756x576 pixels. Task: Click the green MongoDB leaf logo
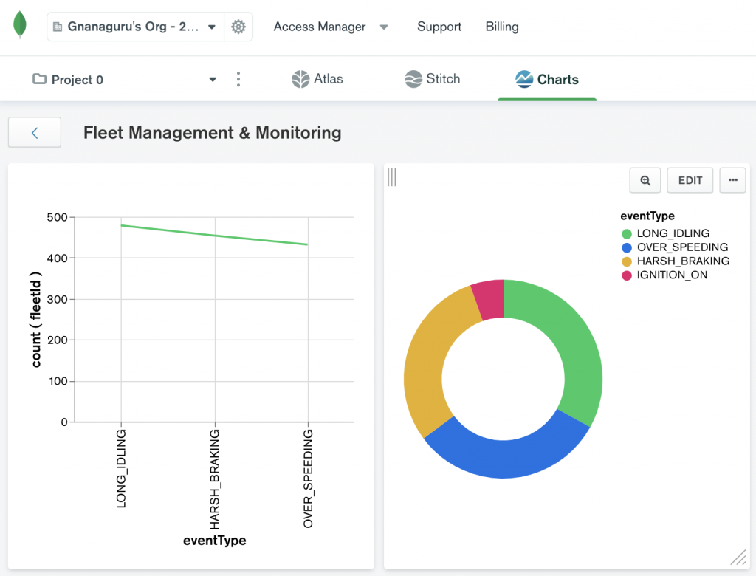click(x=21, y=25)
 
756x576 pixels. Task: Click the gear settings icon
click(x=238, y=27)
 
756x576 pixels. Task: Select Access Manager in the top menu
click(x=320, y=27)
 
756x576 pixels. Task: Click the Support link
click(x=439, y=27)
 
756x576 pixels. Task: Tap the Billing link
click(x=502, y=27)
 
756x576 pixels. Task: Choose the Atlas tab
click(x=317, y=79)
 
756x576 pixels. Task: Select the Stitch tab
click(x=433, y=79)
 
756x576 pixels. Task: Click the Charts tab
click(x=547, y=79)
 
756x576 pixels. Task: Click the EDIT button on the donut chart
click(x=690, y=180)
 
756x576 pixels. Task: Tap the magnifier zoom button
click(x=645, y=180)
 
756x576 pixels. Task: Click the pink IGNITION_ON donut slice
click(x=489, y=298)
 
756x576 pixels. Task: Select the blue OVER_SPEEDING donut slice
click(x=503, y=450)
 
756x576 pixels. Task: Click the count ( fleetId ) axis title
click(x=36, y=319)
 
